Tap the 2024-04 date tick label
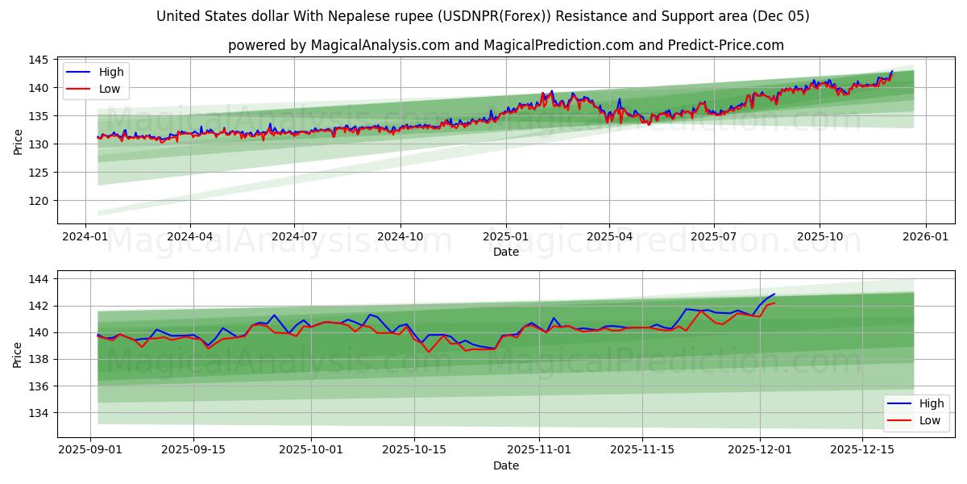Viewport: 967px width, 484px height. (x=190, y=236)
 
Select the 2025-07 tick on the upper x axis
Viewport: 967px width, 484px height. (x=714, y=236)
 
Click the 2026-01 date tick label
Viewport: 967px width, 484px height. (x=925, y=236)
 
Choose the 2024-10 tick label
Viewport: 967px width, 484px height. (x=400, y=236)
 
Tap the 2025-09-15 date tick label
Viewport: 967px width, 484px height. (x=193, y=449)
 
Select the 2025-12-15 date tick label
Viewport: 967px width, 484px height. (x=862, y=449)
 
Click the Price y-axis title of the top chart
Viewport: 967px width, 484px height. (x=18, y=141)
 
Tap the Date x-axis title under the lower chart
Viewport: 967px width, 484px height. (x=506, y=465)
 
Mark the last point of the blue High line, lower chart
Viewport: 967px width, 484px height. (x=774, y=294)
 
